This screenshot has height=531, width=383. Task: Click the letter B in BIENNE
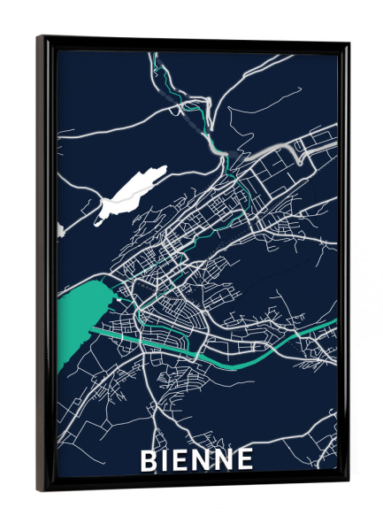149,460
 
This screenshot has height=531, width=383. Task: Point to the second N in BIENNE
225,460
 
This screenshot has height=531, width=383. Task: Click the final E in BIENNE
244,460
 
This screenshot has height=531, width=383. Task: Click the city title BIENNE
196,460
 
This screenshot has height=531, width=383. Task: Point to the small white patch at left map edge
60,230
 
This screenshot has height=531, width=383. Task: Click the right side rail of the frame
343,265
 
